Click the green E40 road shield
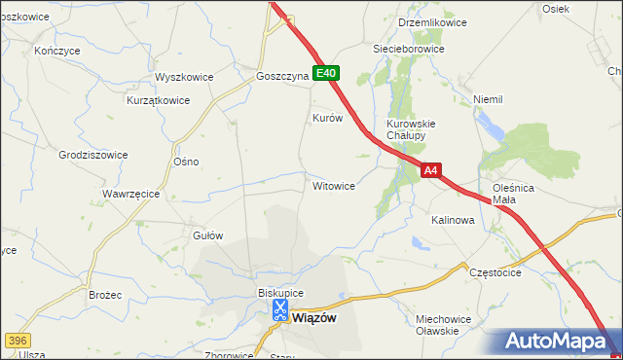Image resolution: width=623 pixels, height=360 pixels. point(326,73)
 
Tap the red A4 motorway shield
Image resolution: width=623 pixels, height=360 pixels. point(432,170)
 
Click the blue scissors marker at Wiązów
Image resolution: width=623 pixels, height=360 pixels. point(279,310)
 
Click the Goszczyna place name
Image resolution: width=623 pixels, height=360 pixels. point(281,75)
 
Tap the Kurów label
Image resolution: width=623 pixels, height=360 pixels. point(327,118)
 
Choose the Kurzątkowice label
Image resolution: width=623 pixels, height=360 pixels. point(157,99)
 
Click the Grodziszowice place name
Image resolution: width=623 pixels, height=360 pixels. point(93,154)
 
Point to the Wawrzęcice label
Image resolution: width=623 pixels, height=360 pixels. point(130,194)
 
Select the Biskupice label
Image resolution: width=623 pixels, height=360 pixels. point(280,293)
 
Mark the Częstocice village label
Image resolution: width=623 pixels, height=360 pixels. point(495,273)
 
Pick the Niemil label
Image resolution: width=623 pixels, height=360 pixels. point(487,99)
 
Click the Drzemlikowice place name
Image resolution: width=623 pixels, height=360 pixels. point(432,22)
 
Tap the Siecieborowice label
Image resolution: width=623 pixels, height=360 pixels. point(409,48)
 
